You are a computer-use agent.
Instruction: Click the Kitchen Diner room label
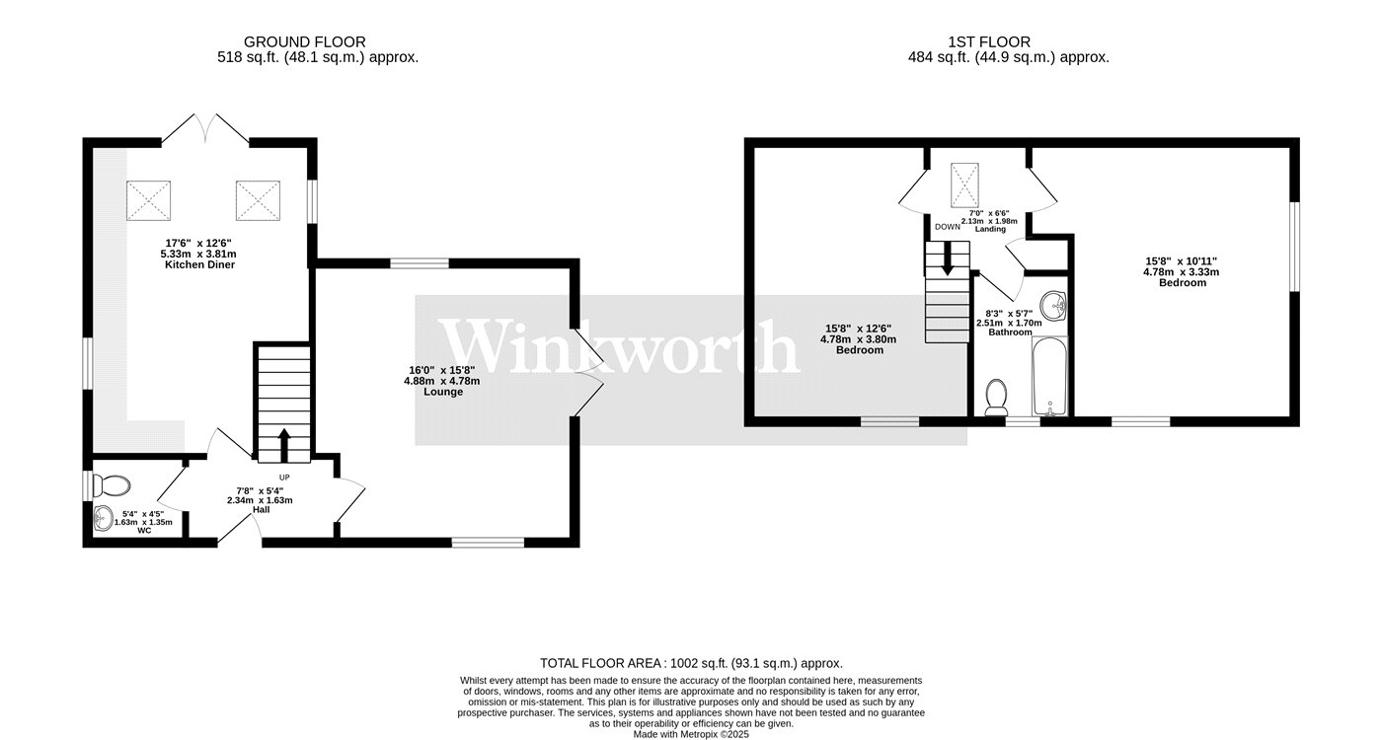199,264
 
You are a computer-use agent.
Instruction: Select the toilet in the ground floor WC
114,485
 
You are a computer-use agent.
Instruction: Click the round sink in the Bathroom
1055,305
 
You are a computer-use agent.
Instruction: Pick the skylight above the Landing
963,181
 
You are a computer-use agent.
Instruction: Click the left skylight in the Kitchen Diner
146,201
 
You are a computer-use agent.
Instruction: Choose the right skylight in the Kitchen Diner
258,201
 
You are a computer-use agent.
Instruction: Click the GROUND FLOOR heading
304,41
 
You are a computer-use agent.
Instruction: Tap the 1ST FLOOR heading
989,41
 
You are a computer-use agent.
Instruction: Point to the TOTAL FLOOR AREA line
691,664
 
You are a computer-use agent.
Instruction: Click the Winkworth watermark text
619,346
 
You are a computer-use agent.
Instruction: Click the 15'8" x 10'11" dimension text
1182,260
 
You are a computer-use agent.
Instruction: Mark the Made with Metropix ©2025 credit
691,734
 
